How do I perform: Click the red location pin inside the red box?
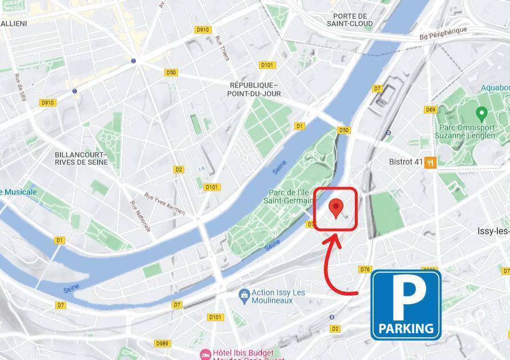coord(337,208)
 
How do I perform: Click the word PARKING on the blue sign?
coord(406,328)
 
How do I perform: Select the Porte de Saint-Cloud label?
coord(350,20)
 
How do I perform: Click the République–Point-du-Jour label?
coord(254,89)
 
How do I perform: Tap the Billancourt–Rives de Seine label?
coord(81,158)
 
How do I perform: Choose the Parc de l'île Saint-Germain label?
coord(289,196)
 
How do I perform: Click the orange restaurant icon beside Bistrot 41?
coord(430,162)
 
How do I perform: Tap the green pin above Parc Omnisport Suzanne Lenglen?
coord(481,112)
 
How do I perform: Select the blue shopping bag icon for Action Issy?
coord(244,294)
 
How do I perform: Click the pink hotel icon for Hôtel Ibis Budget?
coord(205,354)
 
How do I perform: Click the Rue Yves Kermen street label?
coord(165,203)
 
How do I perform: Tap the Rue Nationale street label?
coord(140,216)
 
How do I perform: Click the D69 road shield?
coord(430,110)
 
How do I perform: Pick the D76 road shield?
coord(365,269)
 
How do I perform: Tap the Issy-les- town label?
coord(493,231)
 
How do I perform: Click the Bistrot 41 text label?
coord(406,162)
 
